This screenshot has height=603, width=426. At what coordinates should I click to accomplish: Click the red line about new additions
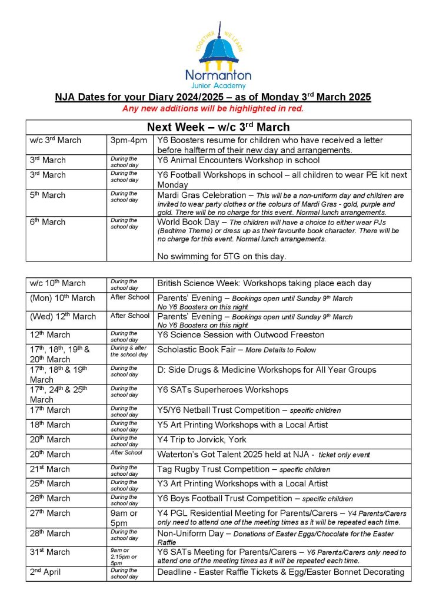(212, 108)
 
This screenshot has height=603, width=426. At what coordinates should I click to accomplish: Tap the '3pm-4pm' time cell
(129, 141)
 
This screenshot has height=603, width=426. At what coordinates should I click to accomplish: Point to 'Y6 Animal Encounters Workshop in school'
(238, 160)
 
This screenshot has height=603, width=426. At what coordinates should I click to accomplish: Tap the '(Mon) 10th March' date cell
(62, 298)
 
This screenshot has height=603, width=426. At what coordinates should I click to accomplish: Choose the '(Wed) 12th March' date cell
(63, 316)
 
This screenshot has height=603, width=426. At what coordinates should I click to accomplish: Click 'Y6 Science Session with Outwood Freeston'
(241, 334)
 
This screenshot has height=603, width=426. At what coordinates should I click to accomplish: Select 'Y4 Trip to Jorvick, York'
(202, 439)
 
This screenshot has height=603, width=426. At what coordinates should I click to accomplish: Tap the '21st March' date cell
(50, 469)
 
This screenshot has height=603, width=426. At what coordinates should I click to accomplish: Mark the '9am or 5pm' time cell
(124, 518)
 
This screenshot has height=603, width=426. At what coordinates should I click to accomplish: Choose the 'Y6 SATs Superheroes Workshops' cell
(223, 390)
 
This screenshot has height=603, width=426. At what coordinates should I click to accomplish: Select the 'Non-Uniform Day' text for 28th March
(188, 534)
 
